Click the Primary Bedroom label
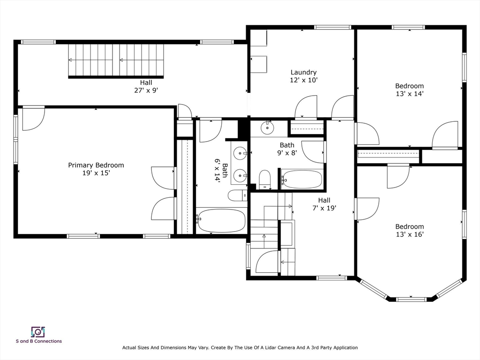[x=96, y=165]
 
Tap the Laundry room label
[x=303, y=72]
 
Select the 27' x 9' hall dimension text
[x=146, y=90]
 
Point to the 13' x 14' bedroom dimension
[x=409, y=94]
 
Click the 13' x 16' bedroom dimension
[x=409, y=234]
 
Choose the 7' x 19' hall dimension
[x=324, y=208]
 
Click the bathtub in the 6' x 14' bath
[x=221, y=221]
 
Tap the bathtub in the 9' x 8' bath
[x=301, y=180]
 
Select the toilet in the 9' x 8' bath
[x=265, y=180]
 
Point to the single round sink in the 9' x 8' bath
[x=267, y=128]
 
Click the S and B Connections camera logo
[x=38, y=332]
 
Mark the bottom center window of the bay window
[x=411, y=299]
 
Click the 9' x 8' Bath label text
[x=287, y=145]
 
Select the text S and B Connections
[x=39, y=341]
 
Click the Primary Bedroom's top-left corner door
[x=34, y=118]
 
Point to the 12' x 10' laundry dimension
[x=303, y=80]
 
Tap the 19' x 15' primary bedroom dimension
[x=96, y=173]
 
